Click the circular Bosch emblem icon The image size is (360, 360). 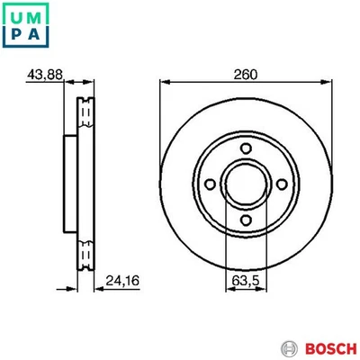coord(289,347)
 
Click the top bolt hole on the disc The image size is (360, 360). coord(246,147)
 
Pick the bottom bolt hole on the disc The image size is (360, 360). coord(246,220)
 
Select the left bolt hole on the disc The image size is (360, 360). coord(209,184)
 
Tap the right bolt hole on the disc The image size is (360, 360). coord(283,184)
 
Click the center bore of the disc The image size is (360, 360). coord(246,184)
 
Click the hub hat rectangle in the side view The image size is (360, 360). coord(68,184)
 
